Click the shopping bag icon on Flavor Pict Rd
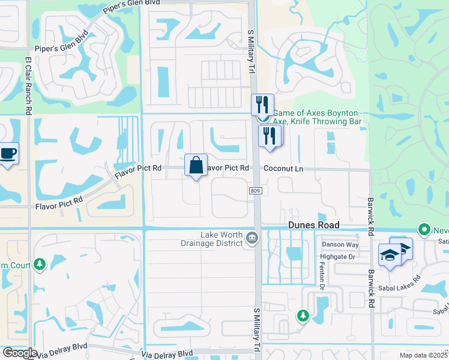pyautogui.click(x=196, y=165)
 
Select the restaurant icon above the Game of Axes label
pyautogui.click(x=262, y=104)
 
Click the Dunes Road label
pyautogui.click(x=313, y=225)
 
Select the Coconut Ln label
pyautogui.click(x=284, y=169)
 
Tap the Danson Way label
pyautogui.click(x=340, y=245)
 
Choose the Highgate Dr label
pyautogui.click(x=340, y=256)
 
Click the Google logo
pyautogui.click(x=19, y=353)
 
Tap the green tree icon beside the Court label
pyautogui.click(x=40, y=264)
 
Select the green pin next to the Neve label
pyautogui.click(x=424, y=229)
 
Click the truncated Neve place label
pyautogui.click(x=441, y=230)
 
